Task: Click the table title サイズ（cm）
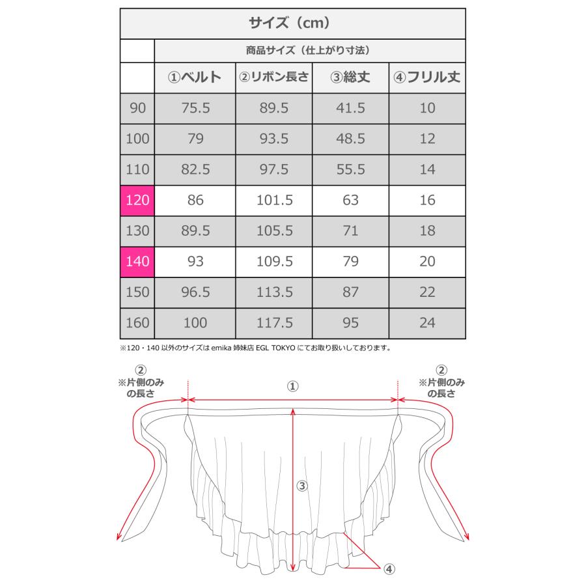coord(292,23)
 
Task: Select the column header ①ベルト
coord(195,77)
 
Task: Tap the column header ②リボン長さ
coord(273,77)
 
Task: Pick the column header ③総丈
coord(350,77)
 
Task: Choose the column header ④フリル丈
coord(427,77)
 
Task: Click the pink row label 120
coord(137,200)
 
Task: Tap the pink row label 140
coord(137,261)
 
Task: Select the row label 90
coord(137,108)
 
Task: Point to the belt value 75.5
coord(195,108)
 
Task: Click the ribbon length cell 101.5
coord(273,200)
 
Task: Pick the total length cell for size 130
coord(350,230)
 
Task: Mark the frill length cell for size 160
coord(427,322)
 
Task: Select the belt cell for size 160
coord(195,322)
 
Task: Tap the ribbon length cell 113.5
coord(273,292)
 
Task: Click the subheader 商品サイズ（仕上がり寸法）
coord(310,49)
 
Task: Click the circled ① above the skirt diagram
coord(292,386)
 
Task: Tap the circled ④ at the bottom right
coord(389,568)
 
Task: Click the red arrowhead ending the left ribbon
coord(119,538)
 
